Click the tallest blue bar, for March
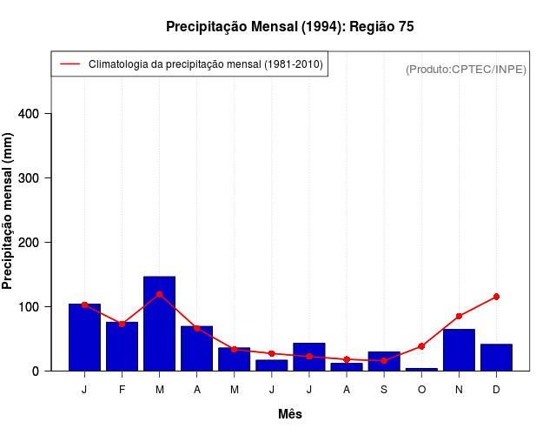[x=159, y=324]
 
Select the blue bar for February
[x=122, y=346]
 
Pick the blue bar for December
[x=496, y=358]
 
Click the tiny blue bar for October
[x=421, y=369]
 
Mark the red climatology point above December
[x=496, y=297]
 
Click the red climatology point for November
[x=459, y=316]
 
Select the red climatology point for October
[x=421, y=346]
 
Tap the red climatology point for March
[x=159, y=294]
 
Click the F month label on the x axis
[x=122, y=390]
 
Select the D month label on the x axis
[x=496, y=390]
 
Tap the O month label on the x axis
[x=421, y=390]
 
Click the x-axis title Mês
[x=290, y=414]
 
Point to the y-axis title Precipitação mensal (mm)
[x=9, y=217]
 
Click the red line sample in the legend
[x=69, y=64]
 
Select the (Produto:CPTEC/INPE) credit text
[x=466, y=69]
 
